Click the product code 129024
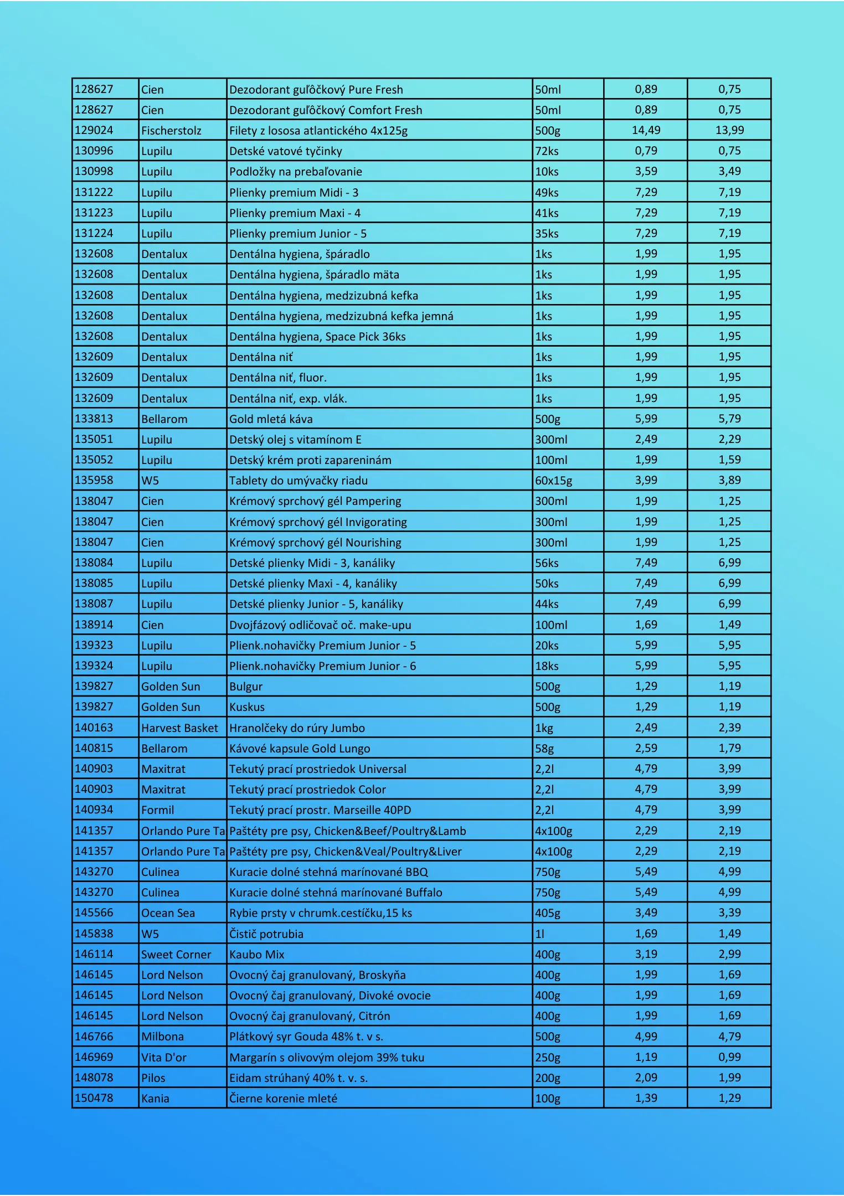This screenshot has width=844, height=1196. click(94, 130)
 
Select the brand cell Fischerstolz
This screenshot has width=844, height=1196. click(171, 131)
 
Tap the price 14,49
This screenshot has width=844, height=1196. click(646, 130)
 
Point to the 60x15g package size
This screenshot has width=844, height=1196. click(553, 481)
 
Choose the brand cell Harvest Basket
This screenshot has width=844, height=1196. click(179, 728)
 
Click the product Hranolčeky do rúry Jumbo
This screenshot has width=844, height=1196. click(297, 728)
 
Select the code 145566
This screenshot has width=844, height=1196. click(94, 913)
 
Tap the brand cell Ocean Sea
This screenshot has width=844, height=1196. click(168, 913)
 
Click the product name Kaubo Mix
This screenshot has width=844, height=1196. click(257, 955)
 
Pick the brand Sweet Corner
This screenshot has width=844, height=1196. click(176, 955)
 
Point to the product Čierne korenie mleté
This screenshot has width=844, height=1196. click(283, 1099)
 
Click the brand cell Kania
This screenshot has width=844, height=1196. click(155, 1099)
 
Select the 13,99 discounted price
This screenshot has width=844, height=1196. click(729, 130)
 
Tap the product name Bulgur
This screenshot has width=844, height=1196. click(246, 687)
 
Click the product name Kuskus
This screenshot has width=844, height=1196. click(247, 707)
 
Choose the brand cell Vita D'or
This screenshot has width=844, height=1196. click(164, 1058)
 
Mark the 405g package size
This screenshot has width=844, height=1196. click(547, 913)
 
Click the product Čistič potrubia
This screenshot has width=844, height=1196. click(266, 934)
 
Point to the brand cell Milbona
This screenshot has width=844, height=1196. click(162, 1037)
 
